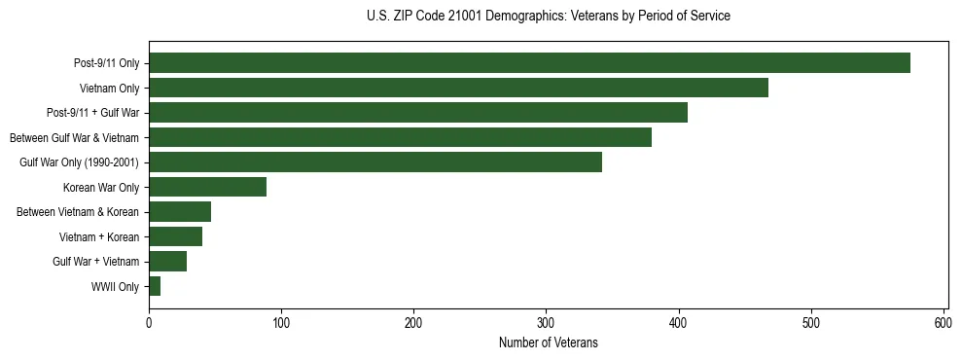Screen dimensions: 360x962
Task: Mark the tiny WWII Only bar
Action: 155,286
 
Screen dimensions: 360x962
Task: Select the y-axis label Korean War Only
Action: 101,188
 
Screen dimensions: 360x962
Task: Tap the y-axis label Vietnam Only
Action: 109,89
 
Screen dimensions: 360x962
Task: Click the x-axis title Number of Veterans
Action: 548,342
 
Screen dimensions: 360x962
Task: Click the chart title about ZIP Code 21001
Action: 548,16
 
